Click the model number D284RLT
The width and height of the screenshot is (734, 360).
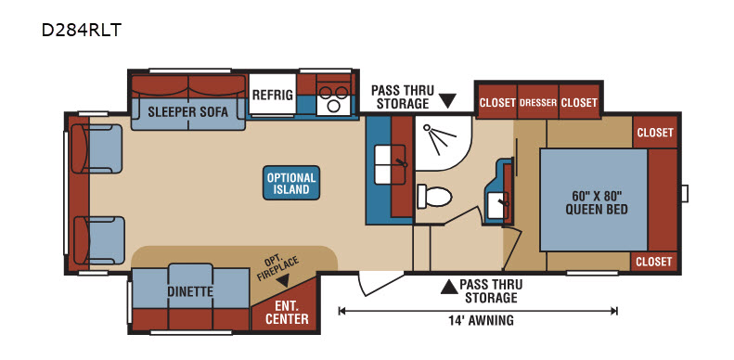click(82, 30)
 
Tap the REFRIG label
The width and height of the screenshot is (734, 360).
click(273, 95)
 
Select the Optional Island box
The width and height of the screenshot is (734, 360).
click(291, 183)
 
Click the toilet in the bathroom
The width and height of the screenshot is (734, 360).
click(434, 196)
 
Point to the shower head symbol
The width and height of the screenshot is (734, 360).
click(440, 138)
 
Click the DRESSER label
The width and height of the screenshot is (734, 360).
click(537, 102)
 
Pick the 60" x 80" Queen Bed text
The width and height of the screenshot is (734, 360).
click(597, 202)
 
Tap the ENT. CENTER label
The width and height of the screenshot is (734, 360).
click(288, 313)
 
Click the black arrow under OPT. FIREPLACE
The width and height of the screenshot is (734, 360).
click(282, 281)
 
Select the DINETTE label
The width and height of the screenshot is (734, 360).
click(190, 291)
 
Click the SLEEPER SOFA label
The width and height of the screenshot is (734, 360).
click(188, 112)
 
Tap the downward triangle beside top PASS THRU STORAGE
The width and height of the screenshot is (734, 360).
click(448, 100)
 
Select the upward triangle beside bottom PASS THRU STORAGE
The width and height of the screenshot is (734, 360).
click(448, 287)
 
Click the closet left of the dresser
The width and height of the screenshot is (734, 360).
click(497, 102)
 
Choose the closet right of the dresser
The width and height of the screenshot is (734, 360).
click(579, 102)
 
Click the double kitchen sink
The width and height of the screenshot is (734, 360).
click(391, 164)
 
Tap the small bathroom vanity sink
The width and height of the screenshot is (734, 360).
click(496, 204)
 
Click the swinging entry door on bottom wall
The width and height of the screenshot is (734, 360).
click(380, 283)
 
